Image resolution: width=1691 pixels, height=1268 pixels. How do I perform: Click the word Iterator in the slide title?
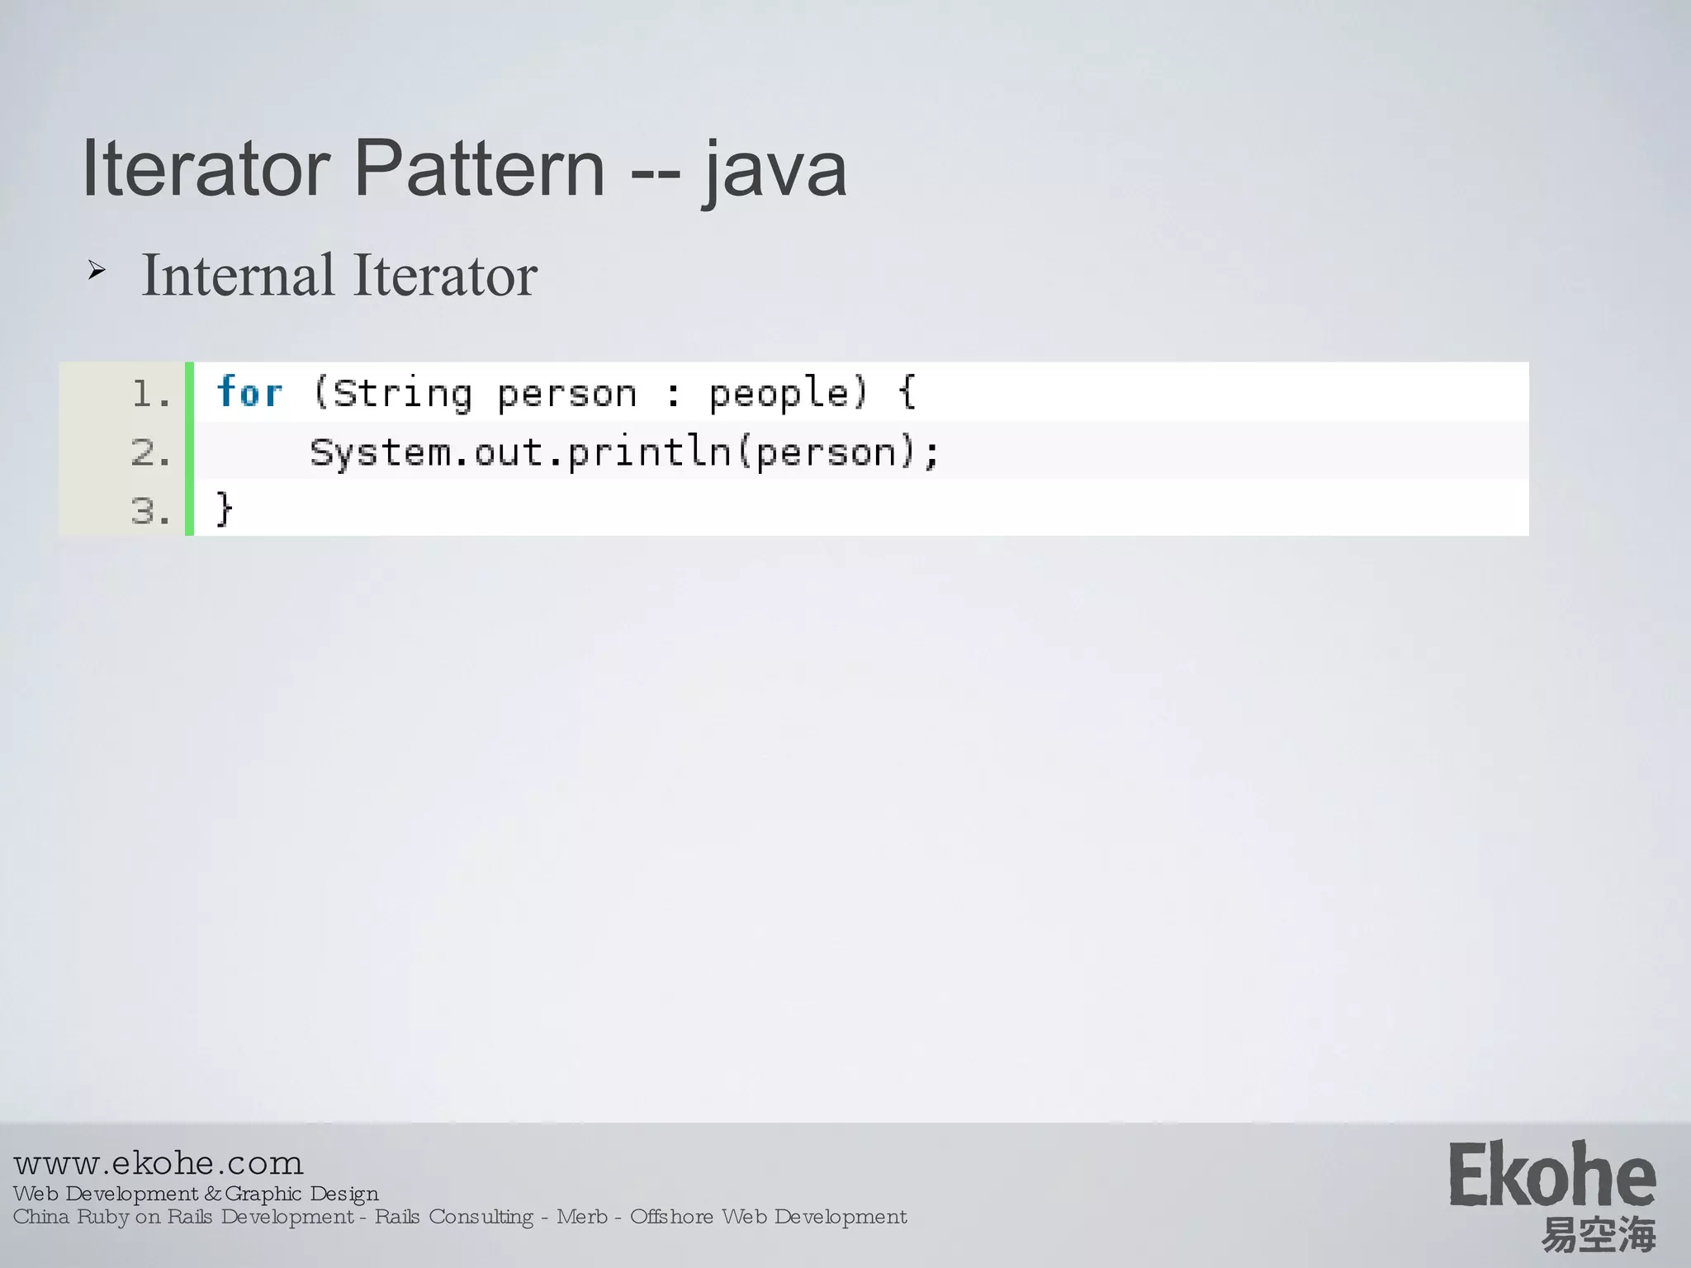tap(207, 168)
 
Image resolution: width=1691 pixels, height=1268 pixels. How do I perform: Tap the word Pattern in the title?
tap(480, 168)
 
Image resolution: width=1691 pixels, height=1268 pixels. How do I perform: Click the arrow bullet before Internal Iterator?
tap(97, 270)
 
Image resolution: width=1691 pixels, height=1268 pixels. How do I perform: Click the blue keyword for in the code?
tap(249, 392)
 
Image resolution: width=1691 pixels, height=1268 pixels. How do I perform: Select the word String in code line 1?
tap(402, 394)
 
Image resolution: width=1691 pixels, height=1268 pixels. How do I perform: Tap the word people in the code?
tap(779, 394)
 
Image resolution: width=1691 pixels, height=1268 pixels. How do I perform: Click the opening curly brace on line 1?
tap(907, 391)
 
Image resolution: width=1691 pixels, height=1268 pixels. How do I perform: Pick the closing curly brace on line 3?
tap(224, 509)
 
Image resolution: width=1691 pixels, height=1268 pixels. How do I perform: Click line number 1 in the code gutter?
tap(150, 394)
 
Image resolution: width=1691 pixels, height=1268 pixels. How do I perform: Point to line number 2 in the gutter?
tap(150, 452)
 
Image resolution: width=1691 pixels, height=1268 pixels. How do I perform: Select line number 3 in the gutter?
tap(150, 511)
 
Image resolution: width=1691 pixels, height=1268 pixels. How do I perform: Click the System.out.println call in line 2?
tap(520, 452)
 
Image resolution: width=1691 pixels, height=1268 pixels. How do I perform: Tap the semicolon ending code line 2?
tap(932, 454)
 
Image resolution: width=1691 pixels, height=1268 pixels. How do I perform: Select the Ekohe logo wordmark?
tap(1552, 1174)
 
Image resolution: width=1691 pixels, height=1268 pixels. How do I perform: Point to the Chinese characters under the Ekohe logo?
tap(1599, 1235)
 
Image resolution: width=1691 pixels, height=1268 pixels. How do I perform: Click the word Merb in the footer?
tap(582, 1217)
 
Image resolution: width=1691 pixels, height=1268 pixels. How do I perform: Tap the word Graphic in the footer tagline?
tap(263, 1194)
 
